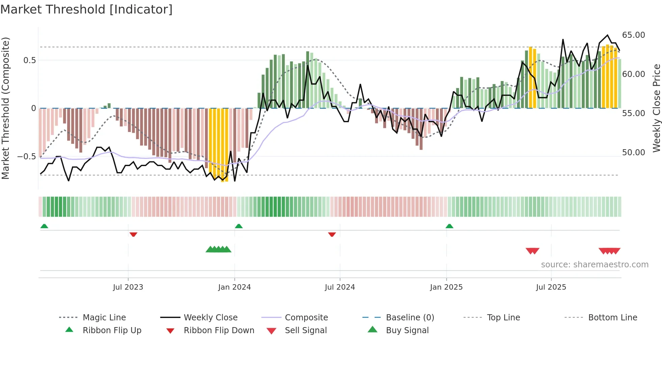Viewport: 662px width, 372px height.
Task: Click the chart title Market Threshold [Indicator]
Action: point(86,9)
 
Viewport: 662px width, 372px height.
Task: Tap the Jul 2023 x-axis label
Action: point(128,287)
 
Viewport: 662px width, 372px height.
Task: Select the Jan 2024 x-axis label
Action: point(234,287)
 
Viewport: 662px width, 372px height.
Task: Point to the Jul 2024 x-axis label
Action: point(340,287)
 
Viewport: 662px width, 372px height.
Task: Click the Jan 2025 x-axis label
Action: point(446,287)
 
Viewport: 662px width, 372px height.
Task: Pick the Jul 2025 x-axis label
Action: point(551,287)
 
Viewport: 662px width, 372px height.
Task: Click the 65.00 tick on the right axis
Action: point(633,35)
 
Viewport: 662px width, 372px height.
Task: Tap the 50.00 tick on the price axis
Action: point(633,153)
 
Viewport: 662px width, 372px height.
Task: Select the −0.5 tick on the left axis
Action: point(27,157)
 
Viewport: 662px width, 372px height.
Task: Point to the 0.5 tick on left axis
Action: point(29,60)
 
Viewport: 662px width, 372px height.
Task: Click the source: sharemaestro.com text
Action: point(594,265)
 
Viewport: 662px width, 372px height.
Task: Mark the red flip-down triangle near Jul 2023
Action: point(133,234)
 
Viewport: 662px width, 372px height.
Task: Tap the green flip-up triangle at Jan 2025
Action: point(449,226)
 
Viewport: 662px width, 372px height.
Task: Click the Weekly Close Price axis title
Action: point(656,108)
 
